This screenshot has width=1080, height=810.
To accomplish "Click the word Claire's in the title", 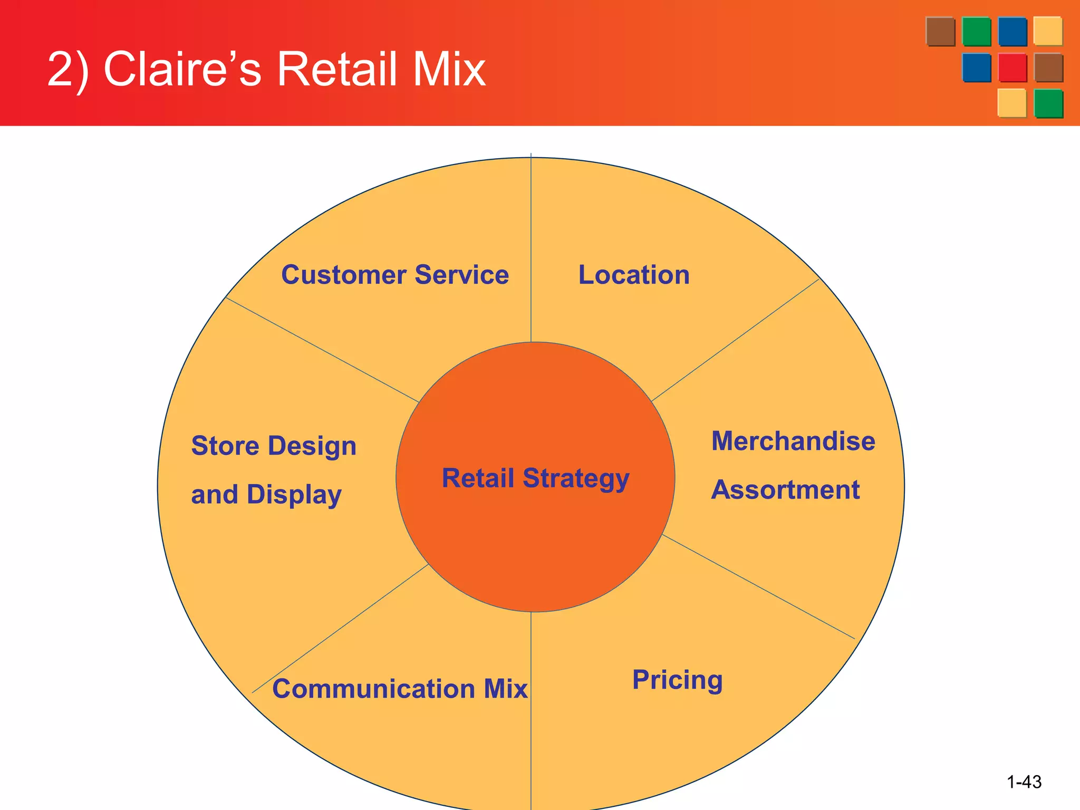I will coord(182,69).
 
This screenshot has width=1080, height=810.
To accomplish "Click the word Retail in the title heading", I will coord(337,69).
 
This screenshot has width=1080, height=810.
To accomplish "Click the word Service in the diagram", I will coord(462,275).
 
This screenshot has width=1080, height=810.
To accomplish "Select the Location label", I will coord(634,275).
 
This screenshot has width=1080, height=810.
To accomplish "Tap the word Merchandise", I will coord(793,441).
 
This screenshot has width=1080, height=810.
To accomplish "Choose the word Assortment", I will coord(785,490).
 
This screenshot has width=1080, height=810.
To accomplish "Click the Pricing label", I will coord(677,680).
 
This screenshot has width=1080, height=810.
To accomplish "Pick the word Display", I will coord(294,495).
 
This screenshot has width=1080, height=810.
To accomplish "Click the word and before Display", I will coord(214,495).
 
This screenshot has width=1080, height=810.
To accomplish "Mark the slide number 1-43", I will coord(1024,782).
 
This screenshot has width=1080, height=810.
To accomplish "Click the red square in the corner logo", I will coord(1012,67).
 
